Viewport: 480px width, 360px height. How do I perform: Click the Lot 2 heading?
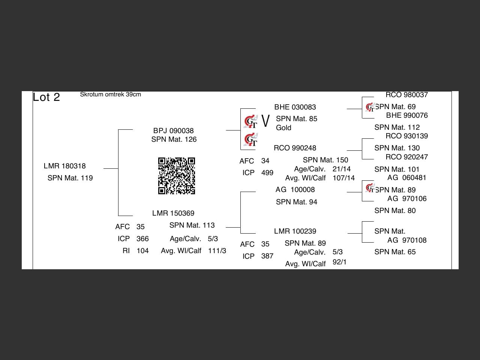(46, 97)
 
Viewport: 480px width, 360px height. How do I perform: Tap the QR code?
(177, 176)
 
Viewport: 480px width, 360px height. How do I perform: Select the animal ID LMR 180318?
(64, 166)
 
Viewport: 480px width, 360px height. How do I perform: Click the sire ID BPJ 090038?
(173, 130)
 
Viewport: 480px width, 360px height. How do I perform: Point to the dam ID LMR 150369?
(173, 213)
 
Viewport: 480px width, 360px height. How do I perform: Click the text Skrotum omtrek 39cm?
(110, 94)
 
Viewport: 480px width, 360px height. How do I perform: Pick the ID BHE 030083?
(295, 107)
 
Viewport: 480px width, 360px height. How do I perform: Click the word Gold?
(283, 127)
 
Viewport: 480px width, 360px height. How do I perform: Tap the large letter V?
(265, 121)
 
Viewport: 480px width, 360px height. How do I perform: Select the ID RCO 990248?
(295, 148)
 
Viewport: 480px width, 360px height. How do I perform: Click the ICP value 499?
(267, 172)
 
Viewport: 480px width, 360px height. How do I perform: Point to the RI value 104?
(142, 250)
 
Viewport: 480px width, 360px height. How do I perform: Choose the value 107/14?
(343, 178)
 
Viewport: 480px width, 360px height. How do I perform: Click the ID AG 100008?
(295, 189)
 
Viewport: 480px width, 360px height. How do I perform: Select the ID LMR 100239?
(295, 231)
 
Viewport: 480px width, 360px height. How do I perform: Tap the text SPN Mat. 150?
(325, 160)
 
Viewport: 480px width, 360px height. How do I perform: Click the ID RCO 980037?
(406, 95)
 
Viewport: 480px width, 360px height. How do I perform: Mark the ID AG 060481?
(406, 177)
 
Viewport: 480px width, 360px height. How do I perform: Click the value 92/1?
(339, 262)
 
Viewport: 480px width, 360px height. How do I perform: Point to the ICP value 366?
(142, 238)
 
